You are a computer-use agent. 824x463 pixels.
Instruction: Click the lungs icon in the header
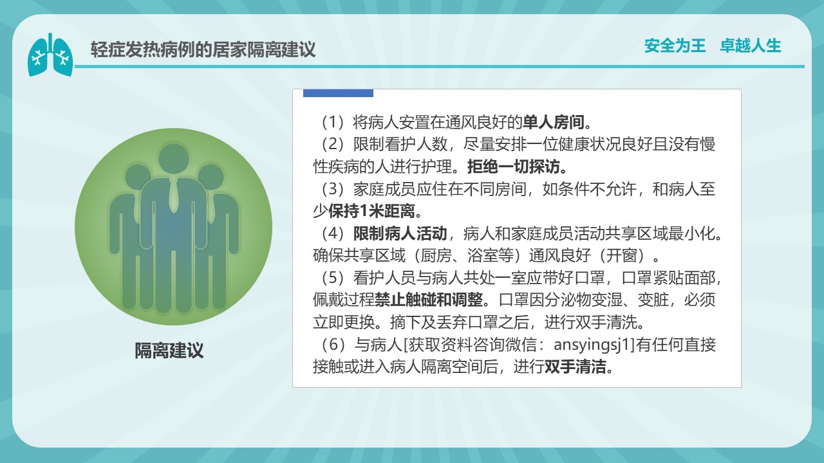point(50,55)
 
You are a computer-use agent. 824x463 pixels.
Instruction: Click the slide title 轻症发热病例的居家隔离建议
point(203,50)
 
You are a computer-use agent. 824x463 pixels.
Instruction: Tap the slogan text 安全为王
point(675,46)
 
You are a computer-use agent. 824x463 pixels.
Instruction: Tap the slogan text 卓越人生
point(751,46)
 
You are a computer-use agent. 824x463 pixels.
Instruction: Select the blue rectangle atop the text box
point(338,93)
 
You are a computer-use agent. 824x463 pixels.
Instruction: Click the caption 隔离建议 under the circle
point(169,350)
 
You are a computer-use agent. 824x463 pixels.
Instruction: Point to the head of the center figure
point(174,159)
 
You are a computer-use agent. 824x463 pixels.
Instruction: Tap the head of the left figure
point(138,177)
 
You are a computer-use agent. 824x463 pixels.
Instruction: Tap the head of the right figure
point(211,177)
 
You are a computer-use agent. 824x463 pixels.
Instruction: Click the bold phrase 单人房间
point(553,122)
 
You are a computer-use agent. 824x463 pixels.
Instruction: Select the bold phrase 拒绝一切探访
point(514,167)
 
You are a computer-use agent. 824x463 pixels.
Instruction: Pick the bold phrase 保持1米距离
point(372,211)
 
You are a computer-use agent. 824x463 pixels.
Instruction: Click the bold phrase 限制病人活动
point(400,233)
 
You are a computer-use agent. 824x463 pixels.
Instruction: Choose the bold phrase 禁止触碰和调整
point(429,300)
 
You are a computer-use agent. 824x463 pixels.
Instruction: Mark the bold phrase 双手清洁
point(576,367)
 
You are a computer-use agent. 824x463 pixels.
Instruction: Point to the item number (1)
point(333,122)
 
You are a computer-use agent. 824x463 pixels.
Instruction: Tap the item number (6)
point(333,344)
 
